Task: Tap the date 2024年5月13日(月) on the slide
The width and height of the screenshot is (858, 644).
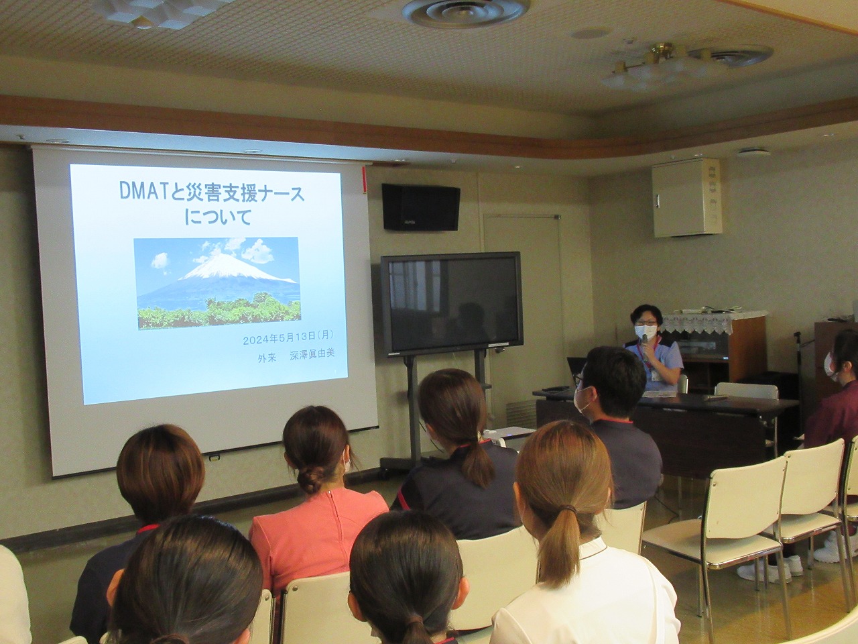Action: pyautogui.click(x=288, y=338)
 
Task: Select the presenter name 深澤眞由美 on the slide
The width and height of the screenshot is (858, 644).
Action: pyautogui.click(x=312, y=355)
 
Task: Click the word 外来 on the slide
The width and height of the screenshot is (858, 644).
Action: pyautogui.click(x=267, y=357)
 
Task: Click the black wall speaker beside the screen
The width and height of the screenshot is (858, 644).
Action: pyautogui.click(x=420, y=207)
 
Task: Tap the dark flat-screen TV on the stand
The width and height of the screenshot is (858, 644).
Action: pyautogui.click(x=452, y=304)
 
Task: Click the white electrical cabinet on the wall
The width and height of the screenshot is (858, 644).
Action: pyautogui.click(x=687, y=198)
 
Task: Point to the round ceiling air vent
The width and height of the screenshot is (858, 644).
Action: pyautogui.click(x=466, y=11)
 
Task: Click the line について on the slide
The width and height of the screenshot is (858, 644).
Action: pyautogui.click(x=217, y=217)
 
